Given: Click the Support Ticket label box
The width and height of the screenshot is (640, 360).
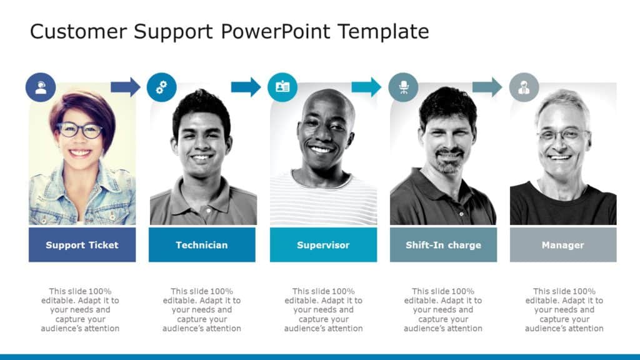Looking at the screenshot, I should (82, 245).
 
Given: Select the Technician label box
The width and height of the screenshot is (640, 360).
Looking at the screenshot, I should (202, 245).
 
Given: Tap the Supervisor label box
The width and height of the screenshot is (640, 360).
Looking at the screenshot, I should (323, 245).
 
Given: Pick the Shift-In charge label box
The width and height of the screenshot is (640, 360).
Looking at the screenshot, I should (443, 245).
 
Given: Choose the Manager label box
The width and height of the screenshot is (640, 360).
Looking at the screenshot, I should (563, 245).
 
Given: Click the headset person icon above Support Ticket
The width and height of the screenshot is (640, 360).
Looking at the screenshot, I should (41, 87).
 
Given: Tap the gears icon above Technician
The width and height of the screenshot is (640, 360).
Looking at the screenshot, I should (162, 87).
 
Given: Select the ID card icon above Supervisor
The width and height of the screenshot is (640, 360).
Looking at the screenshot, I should (282, 87).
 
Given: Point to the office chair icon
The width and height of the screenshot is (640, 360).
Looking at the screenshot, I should (404, 87).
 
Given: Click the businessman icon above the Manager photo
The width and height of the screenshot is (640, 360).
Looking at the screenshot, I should (524, 87).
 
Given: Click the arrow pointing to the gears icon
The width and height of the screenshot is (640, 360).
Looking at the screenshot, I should (126, 87).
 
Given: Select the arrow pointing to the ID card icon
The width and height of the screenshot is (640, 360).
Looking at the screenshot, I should (246, 87).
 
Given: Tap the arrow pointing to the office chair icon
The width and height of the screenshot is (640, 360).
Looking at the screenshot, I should (366, 87).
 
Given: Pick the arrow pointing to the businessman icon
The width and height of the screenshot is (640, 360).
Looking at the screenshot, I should (487, 87).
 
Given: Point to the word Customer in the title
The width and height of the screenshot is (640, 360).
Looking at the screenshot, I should (69, 31).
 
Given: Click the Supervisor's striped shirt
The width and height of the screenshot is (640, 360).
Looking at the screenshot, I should (323, 203).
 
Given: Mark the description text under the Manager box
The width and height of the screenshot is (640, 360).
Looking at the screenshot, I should (564, 309).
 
